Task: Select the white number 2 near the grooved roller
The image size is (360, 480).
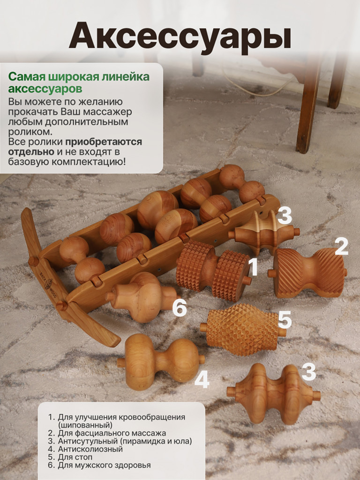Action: pyautogui.click(x=341, y=247)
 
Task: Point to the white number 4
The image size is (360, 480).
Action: pyautogui.click(x=202, y=380)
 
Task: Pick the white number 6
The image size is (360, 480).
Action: pyautogui.click(x=180, y=308)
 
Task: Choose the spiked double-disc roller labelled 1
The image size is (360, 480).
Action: pyautogui.click(x=213, y=270)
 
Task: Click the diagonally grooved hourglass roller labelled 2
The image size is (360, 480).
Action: pyautogui.click(x=307, y=272)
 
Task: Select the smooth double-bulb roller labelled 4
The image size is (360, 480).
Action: pyautogui.click(x=161, y=362)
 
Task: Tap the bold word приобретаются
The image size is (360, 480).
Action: pyautogui.click(x=104, y=142)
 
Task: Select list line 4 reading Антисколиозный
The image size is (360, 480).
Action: pyautogui.click(x=90, y=449)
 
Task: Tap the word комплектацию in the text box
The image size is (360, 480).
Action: pyautogui.click(x=88, y=162)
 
